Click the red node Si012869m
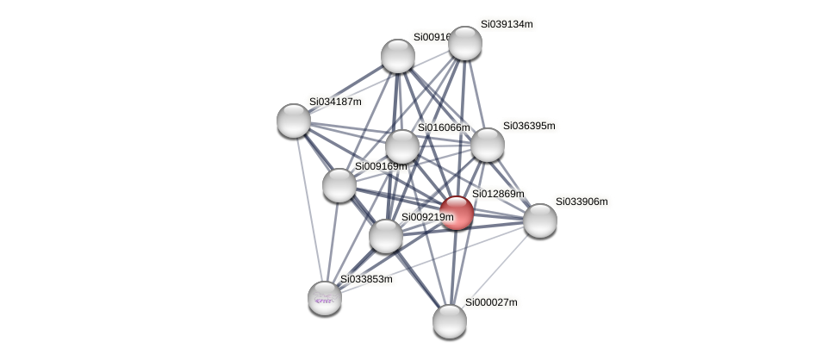pos(457,213)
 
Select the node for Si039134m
pos(465,43)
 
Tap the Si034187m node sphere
pos(294,121)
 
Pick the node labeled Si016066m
pos(402,146)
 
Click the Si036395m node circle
pos(487,145)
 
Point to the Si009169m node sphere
pos(339,184)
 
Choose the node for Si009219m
pos(386,236)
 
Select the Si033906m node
pos(540,220)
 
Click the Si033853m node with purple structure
pos(325,298)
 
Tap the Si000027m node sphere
pos(450,321)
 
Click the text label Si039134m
pos(507,24)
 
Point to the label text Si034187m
pos(335,102)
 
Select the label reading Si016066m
pos(444,127)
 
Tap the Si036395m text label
pos(529,126)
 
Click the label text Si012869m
pos(497,194)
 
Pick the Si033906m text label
pos(581,202)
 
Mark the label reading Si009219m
pos(427,217)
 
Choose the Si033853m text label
pos(366,279)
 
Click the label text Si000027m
pos(491,302)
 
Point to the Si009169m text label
pos(380,166)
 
